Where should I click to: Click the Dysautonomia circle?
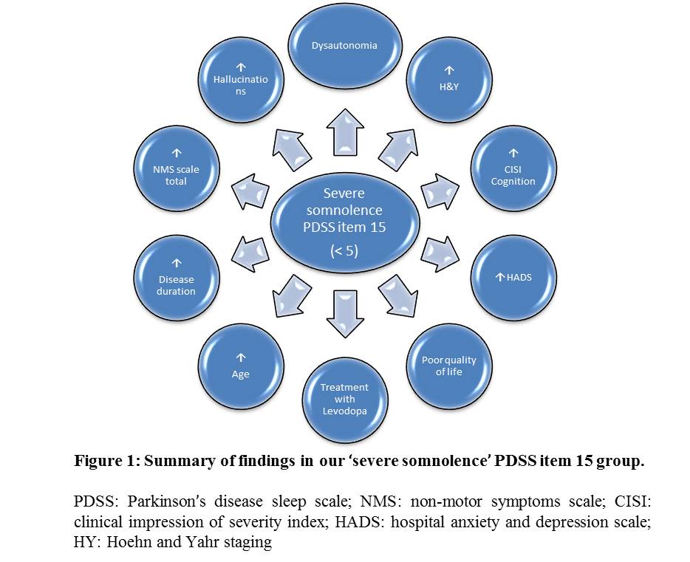tap(344, 47)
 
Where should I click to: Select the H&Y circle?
tap(449, 80)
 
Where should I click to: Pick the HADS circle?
tap(513, 278)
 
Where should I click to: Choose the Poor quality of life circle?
tap(449, 366)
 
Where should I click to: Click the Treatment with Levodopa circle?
tap(344, 400)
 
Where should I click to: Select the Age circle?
tap(241, 366)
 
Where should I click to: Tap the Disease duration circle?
tap(176, 278)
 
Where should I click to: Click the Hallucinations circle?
tap(241, 80)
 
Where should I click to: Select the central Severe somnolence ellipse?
tap(344, 222)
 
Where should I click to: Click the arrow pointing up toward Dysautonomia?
tap(345, 132)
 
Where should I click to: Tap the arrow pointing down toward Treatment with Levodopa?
tap(345, 314)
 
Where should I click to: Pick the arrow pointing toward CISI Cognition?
tap(440, 192)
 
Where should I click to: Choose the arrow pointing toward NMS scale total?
tap(250, 192)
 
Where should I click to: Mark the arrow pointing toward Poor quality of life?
tap(398, 295)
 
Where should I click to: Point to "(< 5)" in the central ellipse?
tap(344, 250)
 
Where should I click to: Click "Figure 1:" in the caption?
tap(107, 460)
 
